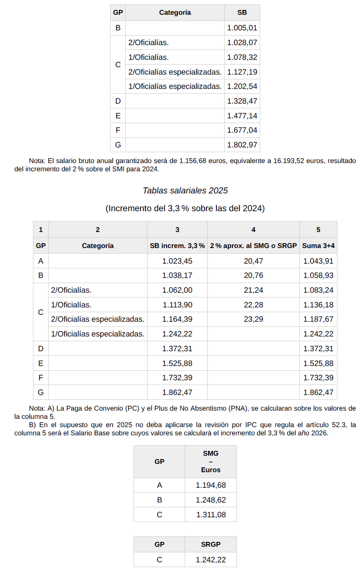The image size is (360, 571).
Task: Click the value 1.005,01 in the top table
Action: tap(242, 28)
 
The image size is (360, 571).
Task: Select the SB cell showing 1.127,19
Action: tap(242, 72)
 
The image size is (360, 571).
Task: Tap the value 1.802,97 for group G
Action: tap(242, 145)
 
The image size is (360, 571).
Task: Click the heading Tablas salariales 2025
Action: tap(185, 190)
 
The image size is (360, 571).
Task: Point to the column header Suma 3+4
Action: tap(318, 246)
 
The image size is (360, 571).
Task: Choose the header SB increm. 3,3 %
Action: tap(177, 246)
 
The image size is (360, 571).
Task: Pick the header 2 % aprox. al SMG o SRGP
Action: tap(253, 246)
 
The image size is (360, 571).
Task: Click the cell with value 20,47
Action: tap(253, 261)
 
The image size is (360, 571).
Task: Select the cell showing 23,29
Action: tap(253, 320)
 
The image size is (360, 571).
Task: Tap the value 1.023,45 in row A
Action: tap(177, 261)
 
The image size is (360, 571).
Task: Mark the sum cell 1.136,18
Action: tap(318, 305)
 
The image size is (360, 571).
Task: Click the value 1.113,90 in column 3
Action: tap(177, 305)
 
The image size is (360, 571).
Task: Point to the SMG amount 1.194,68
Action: tap(211, 486)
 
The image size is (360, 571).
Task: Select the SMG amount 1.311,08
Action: tap(211, 515)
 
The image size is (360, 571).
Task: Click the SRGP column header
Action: tap(211, 545)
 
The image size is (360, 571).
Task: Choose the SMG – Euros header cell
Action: tap(211, 461)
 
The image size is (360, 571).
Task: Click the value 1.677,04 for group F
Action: tap(242, 130)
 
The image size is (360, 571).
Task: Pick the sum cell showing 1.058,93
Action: tap(318, 276)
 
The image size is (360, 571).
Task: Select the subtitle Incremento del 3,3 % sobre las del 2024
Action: tap(185, 209)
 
